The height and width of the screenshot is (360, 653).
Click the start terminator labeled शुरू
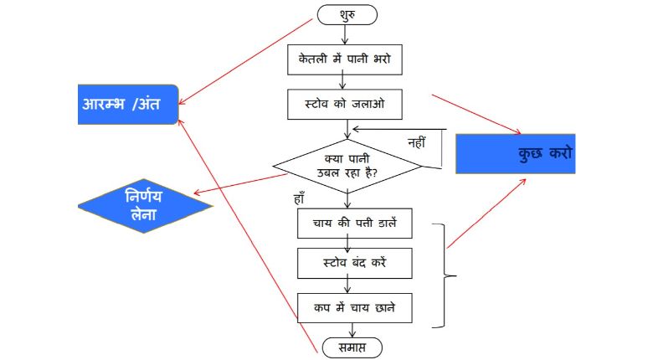coord(347,14)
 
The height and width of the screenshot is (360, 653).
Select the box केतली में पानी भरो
coord(345,59)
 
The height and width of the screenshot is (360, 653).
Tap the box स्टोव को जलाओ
coord(345,105)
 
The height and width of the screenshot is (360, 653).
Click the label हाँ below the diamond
coord(299,200)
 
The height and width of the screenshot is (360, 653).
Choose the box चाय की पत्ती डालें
coord(352,223)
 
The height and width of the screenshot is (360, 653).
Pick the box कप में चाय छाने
coord(352,307)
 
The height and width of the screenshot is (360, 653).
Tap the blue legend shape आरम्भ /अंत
coord(128,104)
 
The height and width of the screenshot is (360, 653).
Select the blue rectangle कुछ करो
coord(515,153)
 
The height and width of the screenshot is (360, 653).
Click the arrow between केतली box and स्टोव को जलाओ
coord(344,81)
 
